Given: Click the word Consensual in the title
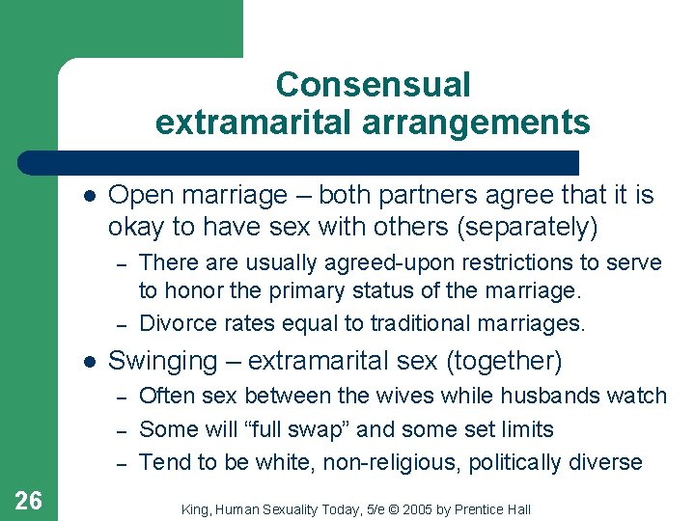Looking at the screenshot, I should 373,85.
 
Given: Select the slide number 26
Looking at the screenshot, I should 28,500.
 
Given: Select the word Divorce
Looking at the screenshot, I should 177,323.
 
